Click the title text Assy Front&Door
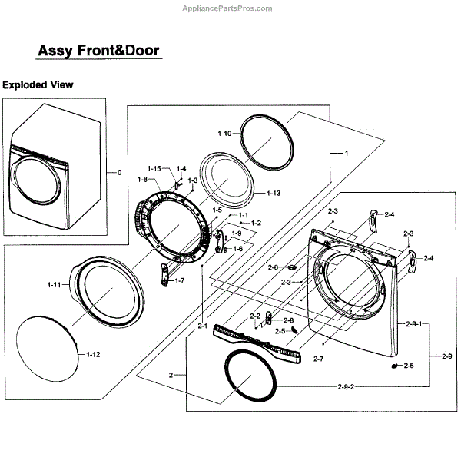(x=99, y=51)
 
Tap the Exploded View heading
(x=37, y=84)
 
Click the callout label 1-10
(x=224, y=134)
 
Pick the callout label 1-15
(x=154, y=168)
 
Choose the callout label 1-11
(x=54, y=285)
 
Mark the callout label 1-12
(x=94, y=354)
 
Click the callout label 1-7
(x=179, y=281)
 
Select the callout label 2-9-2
(x=345, y=385)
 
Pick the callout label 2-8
(x=288, y=320)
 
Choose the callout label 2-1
(x=202, y=326)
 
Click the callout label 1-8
(x=142, y=179)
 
